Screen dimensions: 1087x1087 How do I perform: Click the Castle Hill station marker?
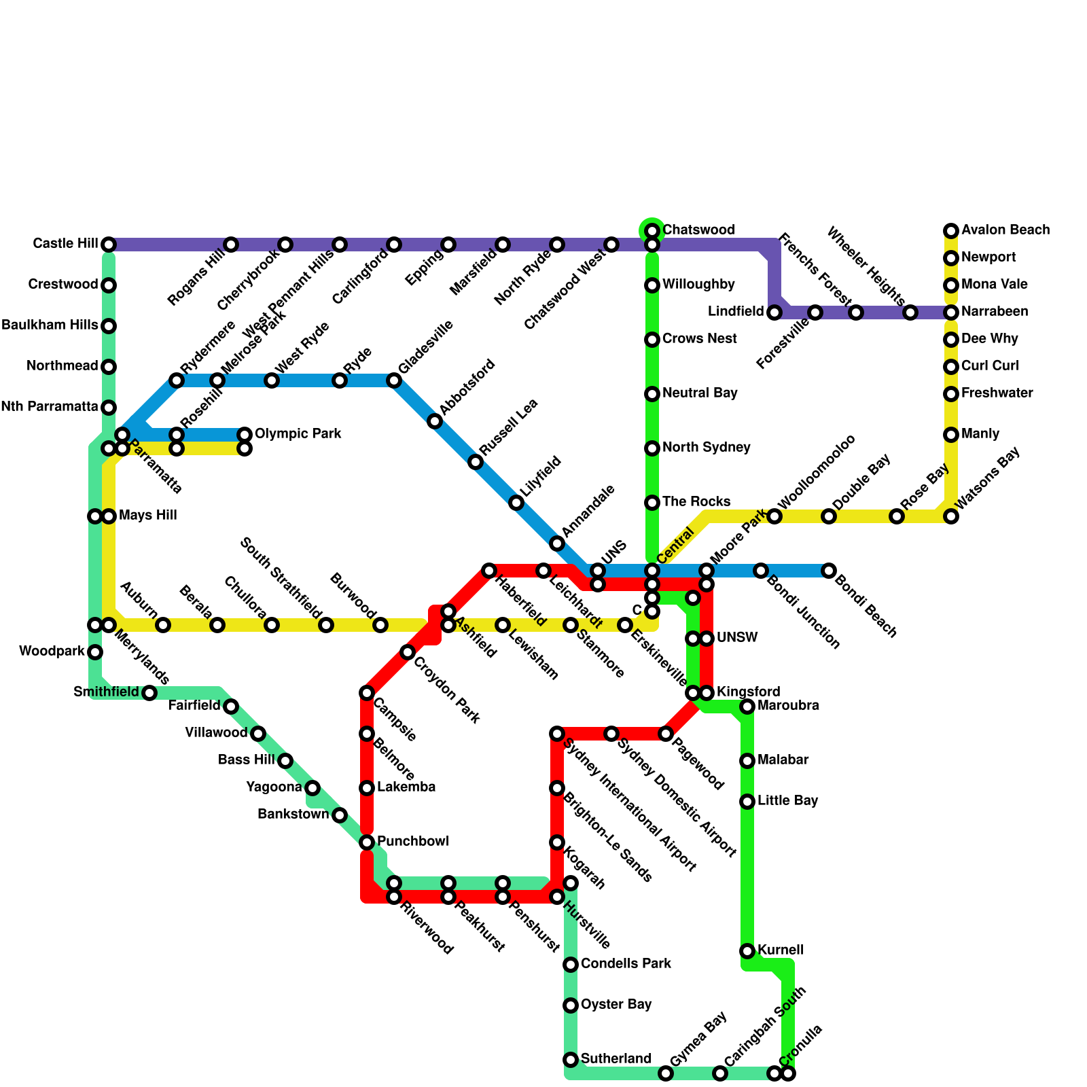(109, 245)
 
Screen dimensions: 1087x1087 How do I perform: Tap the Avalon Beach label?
(1005, 230)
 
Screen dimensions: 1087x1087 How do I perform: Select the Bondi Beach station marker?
(829, 571)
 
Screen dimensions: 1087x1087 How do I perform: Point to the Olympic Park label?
(298, 434)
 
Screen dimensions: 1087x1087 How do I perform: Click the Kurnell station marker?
(747, 951)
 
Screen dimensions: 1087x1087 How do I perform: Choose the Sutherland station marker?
(571, 1060)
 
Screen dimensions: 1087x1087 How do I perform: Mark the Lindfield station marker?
(774, 313)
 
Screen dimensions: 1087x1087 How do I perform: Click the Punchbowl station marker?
(367, 842)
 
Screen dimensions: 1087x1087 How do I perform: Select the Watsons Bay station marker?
(951, 516)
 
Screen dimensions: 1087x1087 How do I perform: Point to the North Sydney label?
(707, 448)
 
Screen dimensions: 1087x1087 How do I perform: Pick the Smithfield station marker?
(149, 693)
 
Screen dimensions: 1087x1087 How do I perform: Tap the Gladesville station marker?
(394, 380)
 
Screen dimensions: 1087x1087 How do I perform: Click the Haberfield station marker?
(489, 571)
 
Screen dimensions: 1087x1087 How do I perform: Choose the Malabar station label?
(783, 760)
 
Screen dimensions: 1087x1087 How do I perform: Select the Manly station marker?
(951, 435)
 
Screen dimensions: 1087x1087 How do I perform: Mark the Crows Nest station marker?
(652, 340)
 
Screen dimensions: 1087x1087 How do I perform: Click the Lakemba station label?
(406, 787)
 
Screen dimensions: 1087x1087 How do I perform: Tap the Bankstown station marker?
(340, 815)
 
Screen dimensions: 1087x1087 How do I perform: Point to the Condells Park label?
(626, 964)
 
